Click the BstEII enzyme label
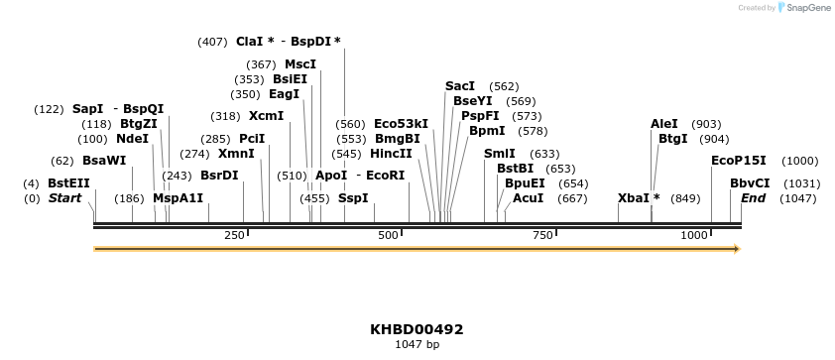(68, 183)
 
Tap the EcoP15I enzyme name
(739, 161)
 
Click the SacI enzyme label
(460, 86)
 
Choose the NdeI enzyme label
(132, 139)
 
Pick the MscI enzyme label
(300, 64)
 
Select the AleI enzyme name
(664, 124)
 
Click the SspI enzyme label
(354, 198)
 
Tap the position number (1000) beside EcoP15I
(799, 161)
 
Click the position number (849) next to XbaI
(685, 198)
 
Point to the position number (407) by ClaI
(212, 42)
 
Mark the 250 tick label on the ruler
(235, 235)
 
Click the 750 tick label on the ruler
(542, 235)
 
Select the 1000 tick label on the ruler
(694, 235)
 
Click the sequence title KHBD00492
(417, 329)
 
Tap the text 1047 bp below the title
(417, 345)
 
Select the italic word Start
(65, 198)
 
